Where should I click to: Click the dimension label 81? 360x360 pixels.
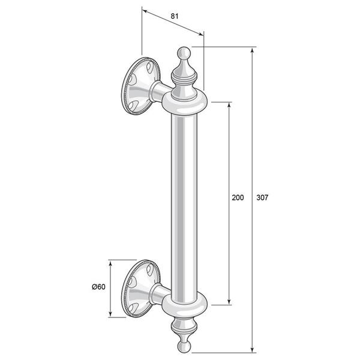[x=175, y=16]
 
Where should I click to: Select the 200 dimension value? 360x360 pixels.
[x=238, y=197]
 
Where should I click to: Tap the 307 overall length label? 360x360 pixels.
[x=262, y=197]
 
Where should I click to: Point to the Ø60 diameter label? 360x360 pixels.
[x=99, y=287]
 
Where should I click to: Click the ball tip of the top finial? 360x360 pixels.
[x=184, y=53]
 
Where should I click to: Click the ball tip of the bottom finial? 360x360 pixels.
[x=184, y=347]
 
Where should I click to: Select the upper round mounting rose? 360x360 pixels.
[x=140, y=86]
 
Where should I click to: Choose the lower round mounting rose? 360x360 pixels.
[x=140, y=289]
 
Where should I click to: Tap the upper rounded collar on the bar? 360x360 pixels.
[x=185, y=103]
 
